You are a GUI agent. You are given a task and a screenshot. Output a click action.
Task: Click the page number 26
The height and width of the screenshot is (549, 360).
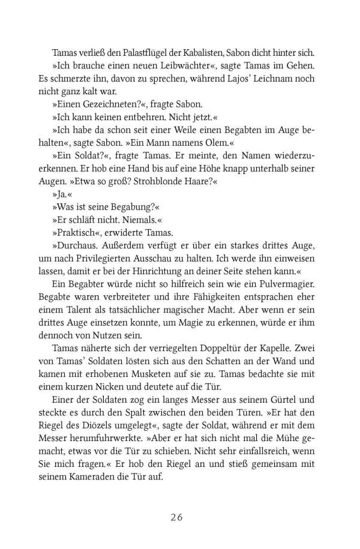(179, 517)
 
